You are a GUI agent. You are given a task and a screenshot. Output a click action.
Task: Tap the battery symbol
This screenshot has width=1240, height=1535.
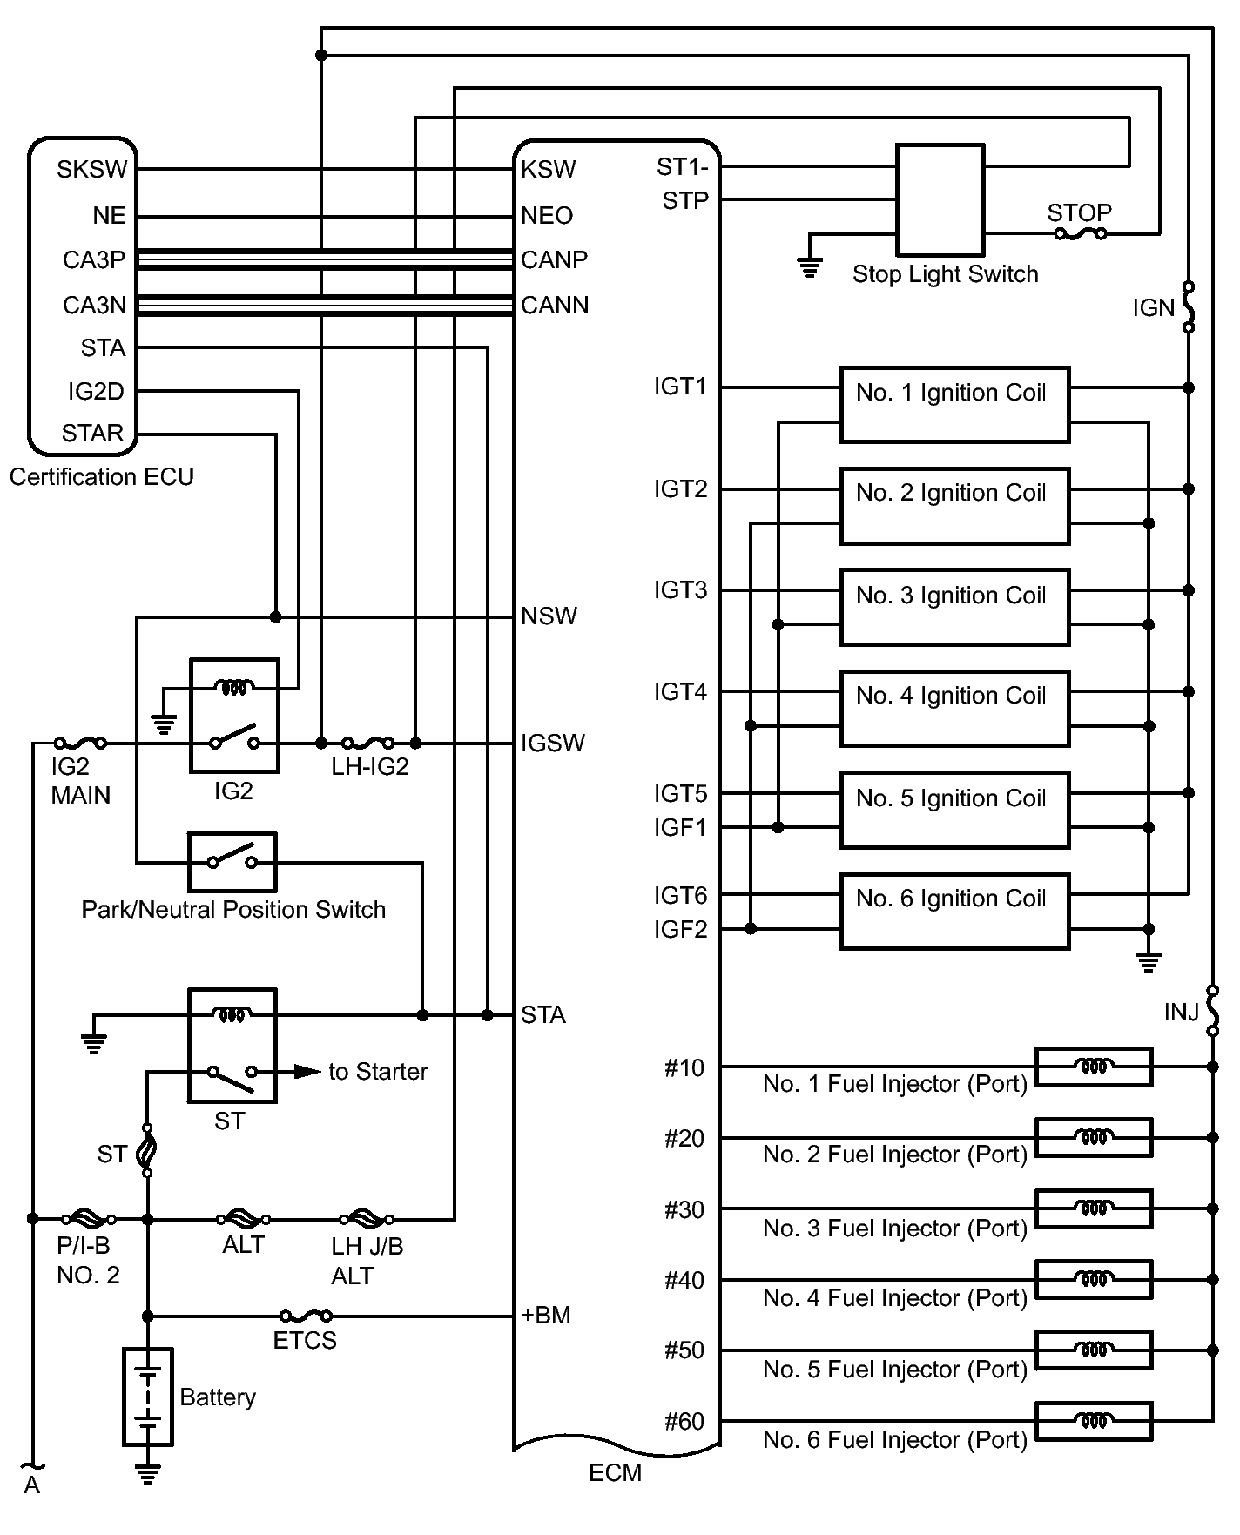coord(148,1397)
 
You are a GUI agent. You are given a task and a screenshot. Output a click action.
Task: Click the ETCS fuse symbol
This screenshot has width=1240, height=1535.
coord(306,1316)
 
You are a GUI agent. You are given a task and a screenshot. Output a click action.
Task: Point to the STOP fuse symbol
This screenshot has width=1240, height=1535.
coord(1080,233)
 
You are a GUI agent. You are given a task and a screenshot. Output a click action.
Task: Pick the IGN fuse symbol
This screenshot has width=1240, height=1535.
coord(1189,306)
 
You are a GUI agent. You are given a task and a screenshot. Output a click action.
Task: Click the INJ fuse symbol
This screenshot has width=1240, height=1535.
coord(1212,1011)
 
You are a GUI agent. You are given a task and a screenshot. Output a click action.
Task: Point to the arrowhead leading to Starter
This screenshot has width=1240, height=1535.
coord(307,1071)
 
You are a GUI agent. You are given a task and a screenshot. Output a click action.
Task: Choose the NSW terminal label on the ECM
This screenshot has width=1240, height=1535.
coord(549,616)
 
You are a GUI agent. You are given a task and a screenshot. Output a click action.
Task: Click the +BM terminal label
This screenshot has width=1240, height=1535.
coord(545,1315)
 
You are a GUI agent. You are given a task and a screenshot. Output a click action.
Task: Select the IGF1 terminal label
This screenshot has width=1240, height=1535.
coord(681,827)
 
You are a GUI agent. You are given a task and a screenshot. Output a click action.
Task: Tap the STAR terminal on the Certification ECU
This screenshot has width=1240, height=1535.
coord(92,433)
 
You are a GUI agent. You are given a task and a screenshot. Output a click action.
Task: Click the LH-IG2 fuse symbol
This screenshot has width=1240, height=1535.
coord(367,743)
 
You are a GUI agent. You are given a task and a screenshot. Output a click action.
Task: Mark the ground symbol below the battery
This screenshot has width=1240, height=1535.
coord(148,1473)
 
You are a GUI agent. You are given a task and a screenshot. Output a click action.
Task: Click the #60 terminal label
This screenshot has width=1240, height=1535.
coord(684,1421)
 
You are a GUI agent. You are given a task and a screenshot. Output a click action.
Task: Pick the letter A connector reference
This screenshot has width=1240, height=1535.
coord(32,1485)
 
